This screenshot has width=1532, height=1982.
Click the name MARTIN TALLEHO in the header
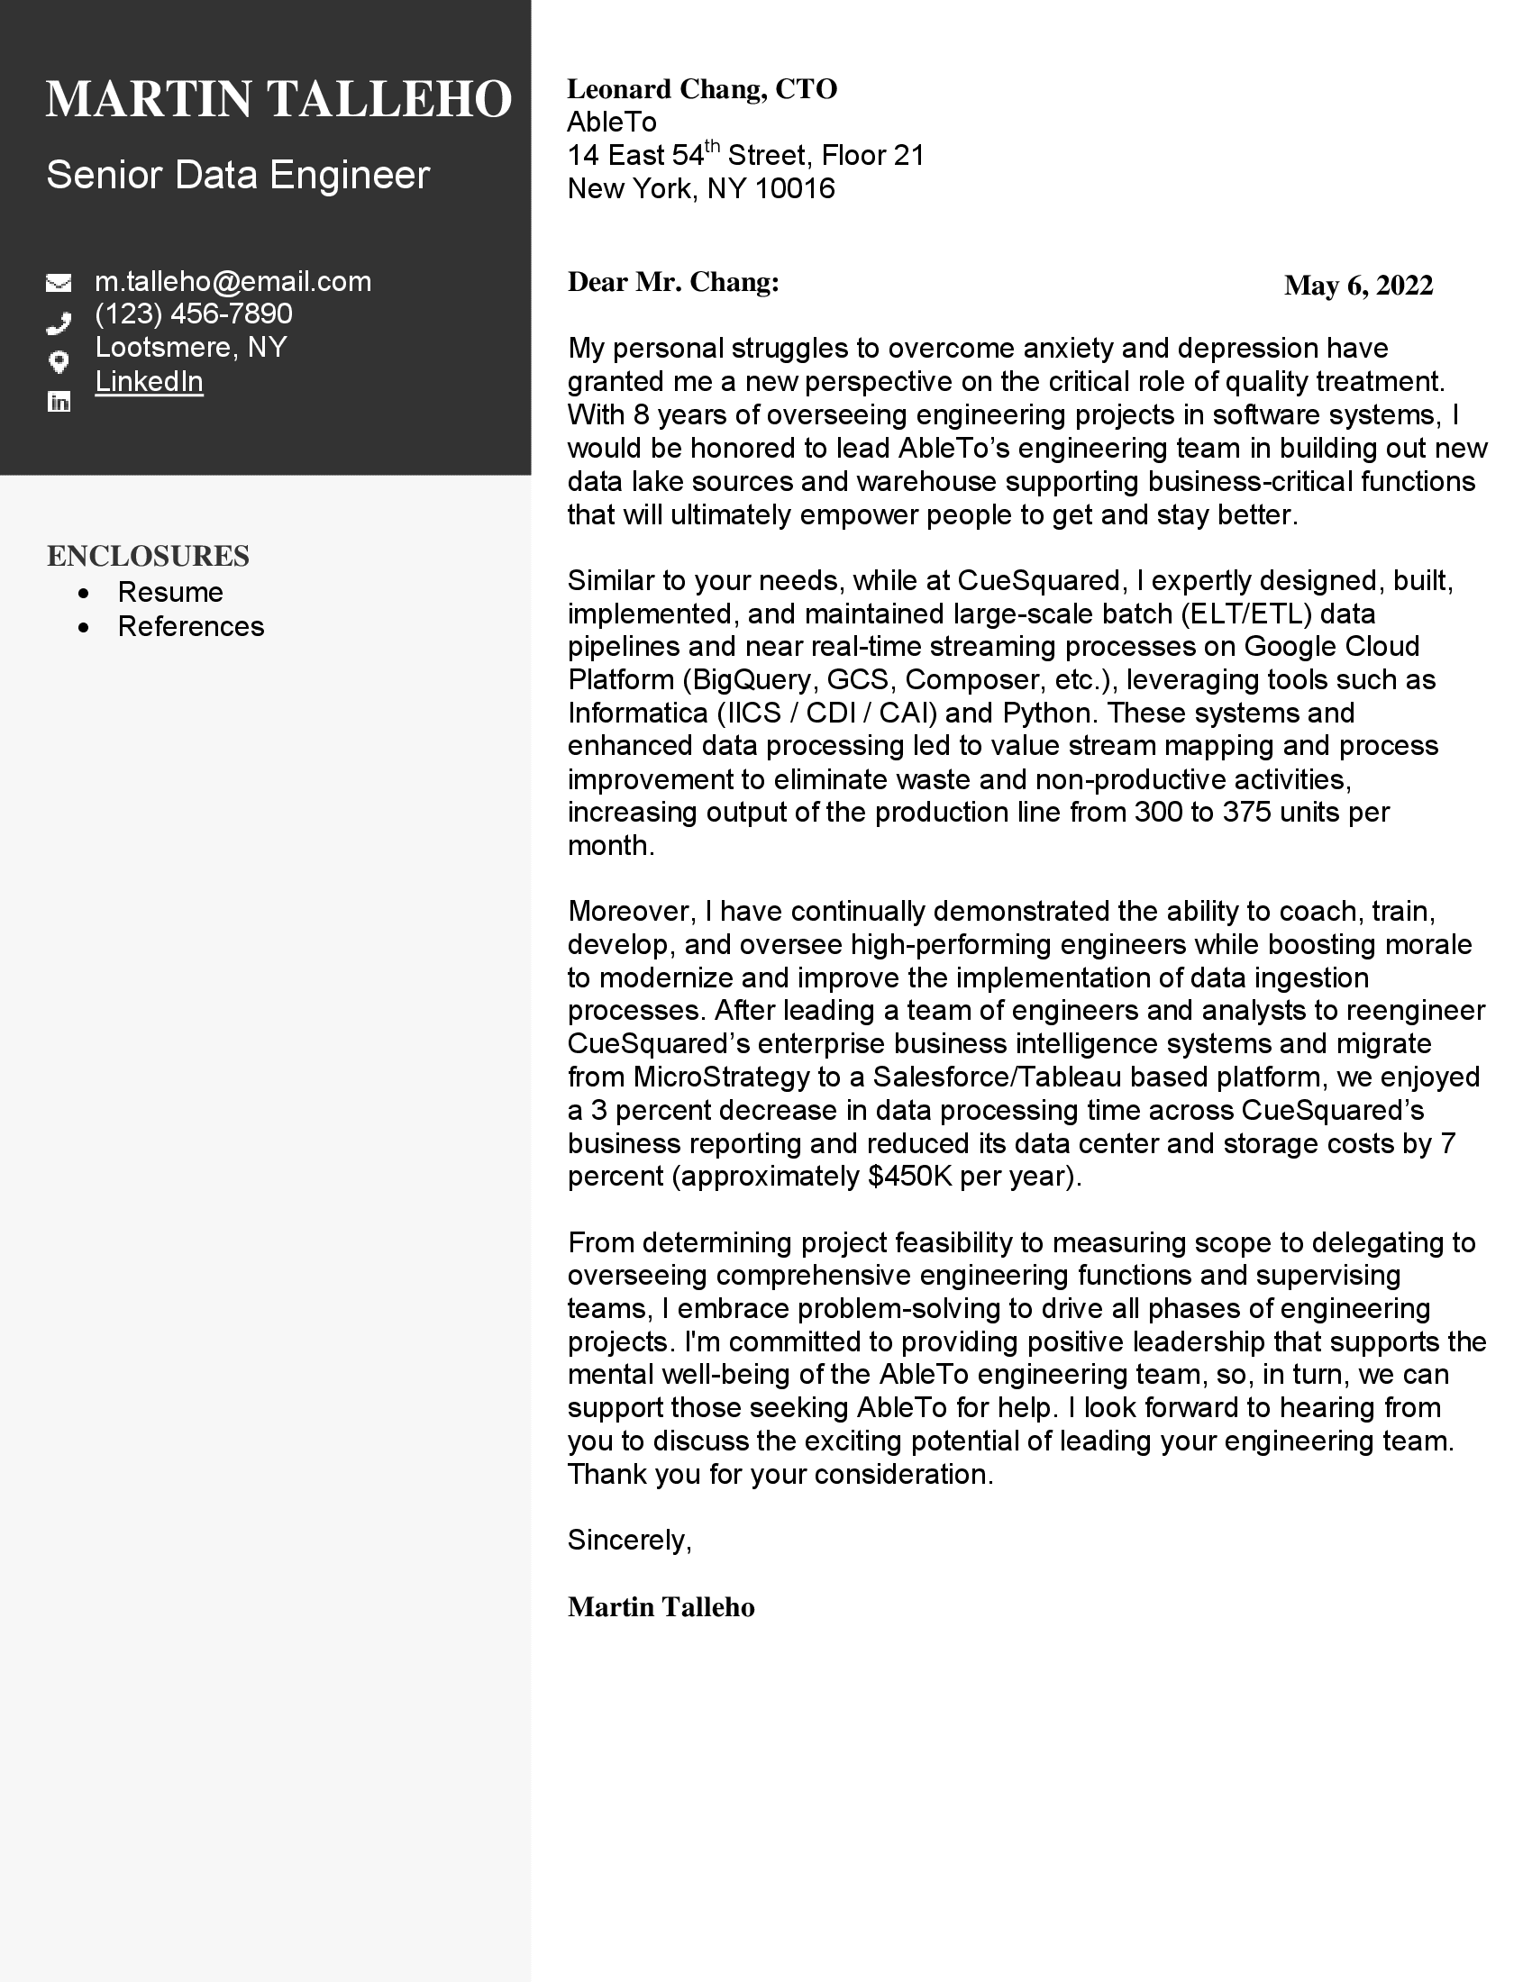click(278, 99)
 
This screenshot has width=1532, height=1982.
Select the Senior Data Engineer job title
click(238, 174)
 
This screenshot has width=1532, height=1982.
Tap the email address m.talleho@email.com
click(233, 281)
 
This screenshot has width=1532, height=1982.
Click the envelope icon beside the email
click(59, 283)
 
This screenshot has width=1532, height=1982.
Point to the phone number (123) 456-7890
click(194, 314)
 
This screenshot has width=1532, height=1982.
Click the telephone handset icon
click(59, 323)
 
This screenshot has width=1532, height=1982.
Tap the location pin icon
click(59, 362)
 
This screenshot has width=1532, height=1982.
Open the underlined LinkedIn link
click(149, 381)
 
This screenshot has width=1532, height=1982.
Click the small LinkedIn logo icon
click(59, 402)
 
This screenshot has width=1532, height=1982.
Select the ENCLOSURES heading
click(148, 556)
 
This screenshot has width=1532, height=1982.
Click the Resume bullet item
click(170, 593)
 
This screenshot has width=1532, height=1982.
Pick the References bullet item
click(190, 627)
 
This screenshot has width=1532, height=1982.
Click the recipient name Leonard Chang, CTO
click(701, 89)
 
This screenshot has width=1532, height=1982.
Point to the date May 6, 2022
click(1358, 286)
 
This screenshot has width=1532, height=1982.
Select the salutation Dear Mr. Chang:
click(672, 282)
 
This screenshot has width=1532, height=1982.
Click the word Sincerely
click(628, 1540)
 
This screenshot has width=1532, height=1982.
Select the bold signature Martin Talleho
click(661, 1607)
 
